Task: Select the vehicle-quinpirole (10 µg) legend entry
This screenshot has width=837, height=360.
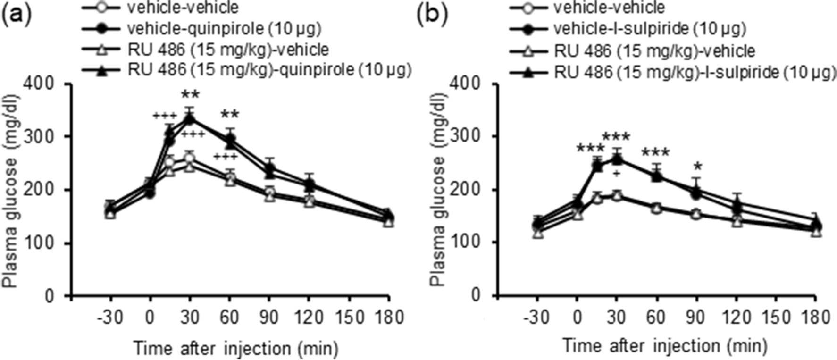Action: click(x=224, y=28)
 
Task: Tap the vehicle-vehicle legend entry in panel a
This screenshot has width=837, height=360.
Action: click(x=183, y=8)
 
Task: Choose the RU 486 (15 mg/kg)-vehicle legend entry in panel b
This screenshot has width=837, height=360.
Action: click(x=654, y=50)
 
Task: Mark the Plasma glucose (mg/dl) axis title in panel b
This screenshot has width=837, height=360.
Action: click(x=439, y=189)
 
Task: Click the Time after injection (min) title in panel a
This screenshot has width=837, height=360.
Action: click(x=236, y=349)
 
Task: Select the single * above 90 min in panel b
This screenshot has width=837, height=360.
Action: click(x=697, y=167)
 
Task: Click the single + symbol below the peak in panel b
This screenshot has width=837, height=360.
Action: click(x=616, y=174)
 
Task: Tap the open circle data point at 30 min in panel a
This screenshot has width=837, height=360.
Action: click(x=190, y=158)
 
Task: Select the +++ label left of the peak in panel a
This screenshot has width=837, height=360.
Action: click(x=164, y=116)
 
